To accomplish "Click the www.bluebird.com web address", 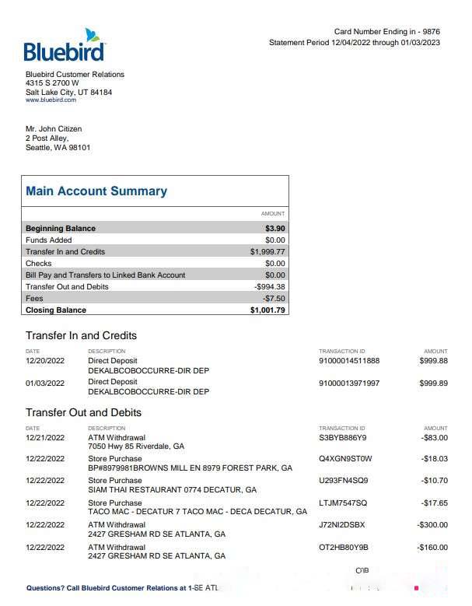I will (x=51, y=100).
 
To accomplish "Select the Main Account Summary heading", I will (x=96, y=191).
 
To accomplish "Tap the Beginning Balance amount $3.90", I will (x=274, y=229).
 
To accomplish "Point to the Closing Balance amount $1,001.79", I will (x=267, y=310).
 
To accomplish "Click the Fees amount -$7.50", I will (x=274, y=299).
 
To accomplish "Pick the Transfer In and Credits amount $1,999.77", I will (x=267, y=252).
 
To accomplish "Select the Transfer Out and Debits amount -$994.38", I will (x=270, y=287).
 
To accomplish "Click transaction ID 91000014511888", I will (x=349, y=361).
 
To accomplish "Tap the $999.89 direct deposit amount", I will (x=433, y=384).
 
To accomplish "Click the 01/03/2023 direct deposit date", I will (x=45, y=384).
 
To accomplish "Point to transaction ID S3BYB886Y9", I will (x=342, y=438).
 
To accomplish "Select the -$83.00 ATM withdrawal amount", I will (x=434, y=438).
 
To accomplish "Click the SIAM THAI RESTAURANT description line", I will (x=172, y=491).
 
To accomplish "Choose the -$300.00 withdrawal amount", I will (x=432, y=525).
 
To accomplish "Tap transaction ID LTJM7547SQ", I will (x=343, y=503).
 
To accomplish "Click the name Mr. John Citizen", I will (x=54, y=129).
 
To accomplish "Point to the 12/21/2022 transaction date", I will (x=45, y=438).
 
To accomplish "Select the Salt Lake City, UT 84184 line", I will (x=68, y=93).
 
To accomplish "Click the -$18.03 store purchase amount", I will (x=434, y=459).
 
